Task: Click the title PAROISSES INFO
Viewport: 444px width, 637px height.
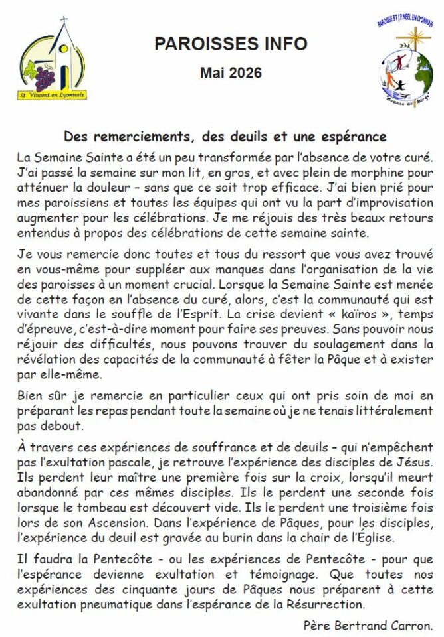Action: pyautogui.click(x=231, y=44)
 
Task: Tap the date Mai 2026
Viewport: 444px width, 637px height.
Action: pyautogui.click(x=231, y=72)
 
